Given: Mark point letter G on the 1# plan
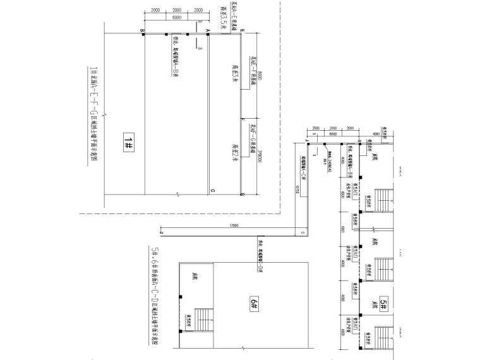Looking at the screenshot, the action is click(x=243, y=195).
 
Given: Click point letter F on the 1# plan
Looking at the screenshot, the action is click(x=243, y=118).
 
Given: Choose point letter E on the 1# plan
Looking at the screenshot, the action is click(x=243, y=31).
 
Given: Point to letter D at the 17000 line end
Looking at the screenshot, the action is click(x=162, y=233).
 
